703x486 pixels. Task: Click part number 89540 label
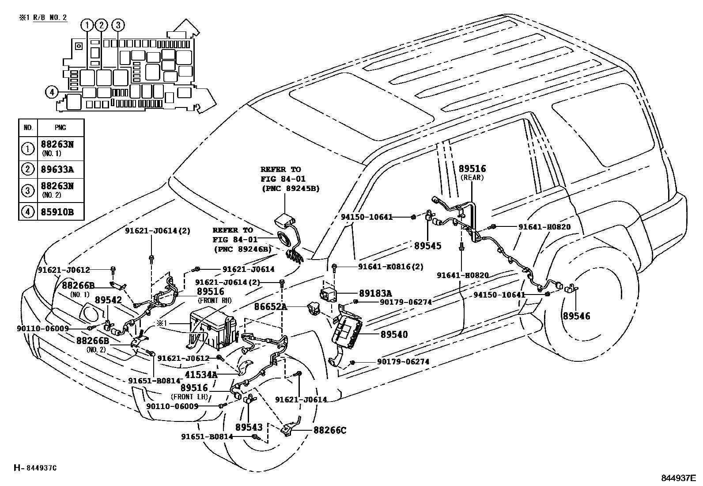coord(394,334)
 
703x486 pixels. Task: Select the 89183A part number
coord(375,293)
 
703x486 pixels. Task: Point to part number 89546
coord(576,316)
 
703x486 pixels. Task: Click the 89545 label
coord(427,246)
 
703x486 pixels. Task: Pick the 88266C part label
coord(330,429)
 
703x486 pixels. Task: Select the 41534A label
coord(201,375)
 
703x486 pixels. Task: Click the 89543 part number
coord(249,427)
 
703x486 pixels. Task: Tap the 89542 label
coord(108,300)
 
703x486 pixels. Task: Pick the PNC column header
coord(60,128)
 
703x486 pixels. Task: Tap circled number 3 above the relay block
coord(118,25)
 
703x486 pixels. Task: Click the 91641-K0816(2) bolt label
coord(390,267)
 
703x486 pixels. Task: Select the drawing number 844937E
coord(678,478)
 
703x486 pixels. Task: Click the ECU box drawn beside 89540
coord(347,328)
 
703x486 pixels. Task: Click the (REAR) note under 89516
coord(472,178)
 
